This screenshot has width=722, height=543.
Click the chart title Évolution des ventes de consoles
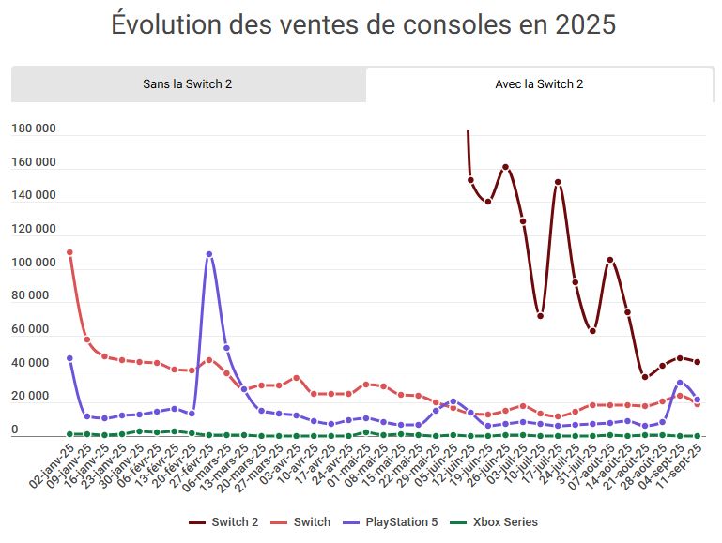(362, 24)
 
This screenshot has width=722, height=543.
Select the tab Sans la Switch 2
(188, 84)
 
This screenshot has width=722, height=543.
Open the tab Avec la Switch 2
(539, 84)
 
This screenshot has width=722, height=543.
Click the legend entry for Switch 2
(224, 521)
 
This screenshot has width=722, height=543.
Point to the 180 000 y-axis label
(34, 128)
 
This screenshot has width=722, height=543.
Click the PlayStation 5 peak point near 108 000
(208, 254)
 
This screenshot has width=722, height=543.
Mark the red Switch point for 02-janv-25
(69, 252)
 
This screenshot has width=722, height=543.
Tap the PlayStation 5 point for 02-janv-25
(69, 358)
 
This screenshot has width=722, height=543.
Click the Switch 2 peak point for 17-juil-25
(558, 182)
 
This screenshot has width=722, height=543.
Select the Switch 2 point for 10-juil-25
(541, 316)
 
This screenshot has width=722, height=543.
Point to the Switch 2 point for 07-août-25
(610, 260)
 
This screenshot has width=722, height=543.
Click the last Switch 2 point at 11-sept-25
(698, 362)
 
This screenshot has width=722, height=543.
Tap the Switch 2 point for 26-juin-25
(505, 167)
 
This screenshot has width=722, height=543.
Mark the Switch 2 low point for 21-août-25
(645, 377)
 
